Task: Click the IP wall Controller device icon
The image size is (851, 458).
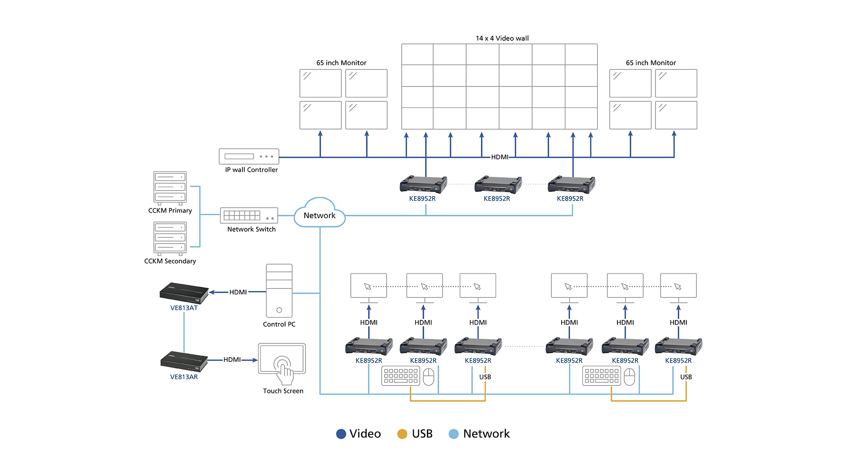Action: pyautogui.click(x=249, y=156)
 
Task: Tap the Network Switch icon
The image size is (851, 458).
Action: pyautogui.click(x=249, y=216)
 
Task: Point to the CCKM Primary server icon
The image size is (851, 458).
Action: pyautogui.click(x=170, y=187)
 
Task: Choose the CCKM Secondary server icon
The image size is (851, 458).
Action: pyautogui.click(x=170, y=238)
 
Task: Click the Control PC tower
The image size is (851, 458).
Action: pyautogui.click(x=279, y=291)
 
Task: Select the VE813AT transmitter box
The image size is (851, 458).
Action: pyautogui.click(x=184, y=293)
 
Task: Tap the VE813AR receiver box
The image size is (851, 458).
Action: pyautogui.click(x=184, y=361)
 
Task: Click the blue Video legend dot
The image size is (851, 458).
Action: pyautogui.click(x=341, y=434)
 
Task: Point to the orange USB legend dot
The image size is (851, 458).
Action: pyautogui.click(x=402, y=434)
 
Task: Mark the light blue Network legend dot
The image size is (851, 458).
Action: pyautogui.click(x=454, y=434)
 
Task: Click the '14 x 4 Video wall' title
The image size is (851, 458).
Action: pyautogui.click(x=502, y=38)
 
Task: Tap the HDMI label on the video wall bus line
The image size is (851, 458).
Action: pyautogui.click(x=500, y=157)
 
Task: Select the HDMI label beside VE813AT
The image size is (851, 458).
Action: pyautogui.click(x=238, y=292)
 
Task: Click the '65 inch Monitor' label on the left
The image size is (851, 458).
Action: pyautogui.click(x=341, y=63)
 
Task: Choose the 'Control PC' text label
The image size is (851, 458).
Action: pyautogui.click(x=279, y=324)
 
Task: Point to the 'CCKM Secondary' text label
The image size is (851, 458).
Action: pyautogui.click(x=170, y=261)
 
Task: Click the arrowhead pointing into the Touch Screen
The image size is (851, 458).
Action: pyautogui.click(x=255, y=360)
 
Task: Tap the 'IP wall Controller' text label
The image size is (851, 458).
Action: pyautogui.click(x=251, y=170)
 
